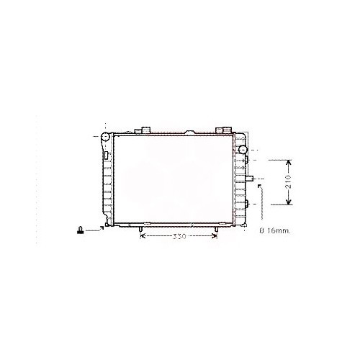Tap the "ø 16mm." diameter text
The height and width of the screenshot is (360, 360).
pyautogui.click(x=273, y=230)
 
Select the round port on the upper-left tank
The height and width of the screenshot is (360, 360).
pyautogui.click(x=105, y=137)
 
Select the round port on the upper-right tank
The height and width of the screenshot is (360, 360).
pyautogui.click(x=243, y=150)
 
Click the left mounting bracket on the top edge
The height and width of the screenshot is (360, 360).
pyautogui.click(x=144, y=130)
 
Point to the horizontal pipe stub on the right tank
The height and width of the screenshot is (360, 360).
pyautogui.click(x=250, y=178)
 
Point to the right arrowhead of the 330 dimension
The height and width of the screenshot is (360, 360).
pyautogui.click(x=214, y=236)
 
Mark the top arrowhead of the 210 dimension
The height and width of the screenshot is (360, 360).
pyautogui.click(x=289, y=161)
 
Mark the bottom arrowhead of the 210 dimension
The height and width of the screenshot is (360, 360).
pyautogui.click(x=289, y=204)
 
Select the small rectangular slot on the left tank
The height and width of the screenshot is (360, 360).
pyautogui.click(x=106, y=155)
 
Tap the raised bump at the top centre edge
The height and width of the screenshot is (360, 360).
pyautogui.click(x=190, y=132)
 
